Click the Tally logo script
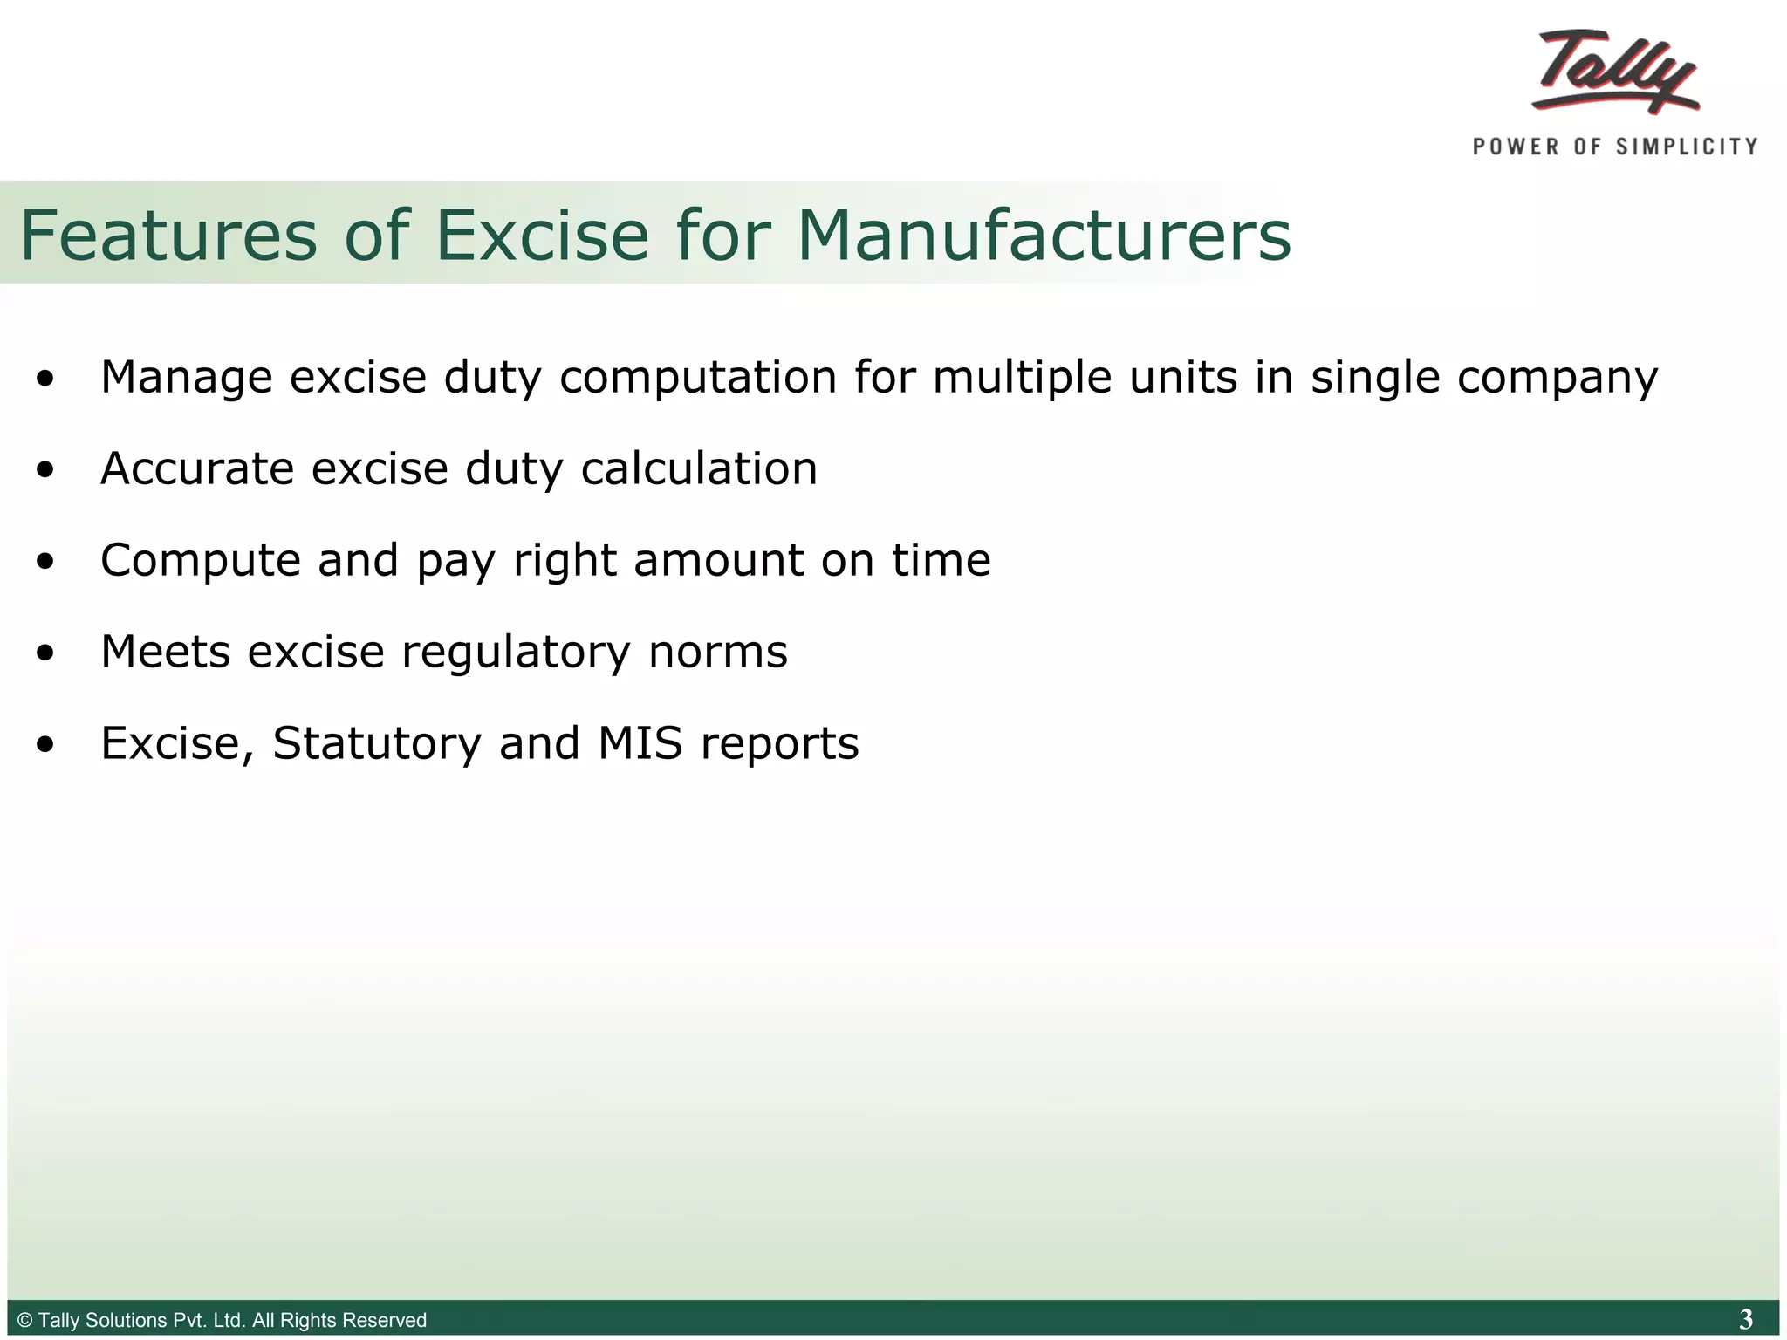[1615, 72]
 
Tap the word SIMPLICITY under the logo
[1687, 147]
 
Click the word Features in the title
[168, 236]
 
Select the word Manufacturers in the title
[1044, 236]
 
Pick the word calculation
[699, 469]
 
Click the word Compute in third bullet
[201, 561]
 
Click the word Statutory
[377, 744]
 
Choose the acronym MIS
[640, 743]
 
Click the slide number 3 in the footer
[1745, 1319]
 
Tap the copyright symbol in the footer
[25, 1320]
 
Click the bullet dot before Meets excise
[45, 653]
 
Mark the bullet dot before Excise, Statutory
[45, 745]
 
